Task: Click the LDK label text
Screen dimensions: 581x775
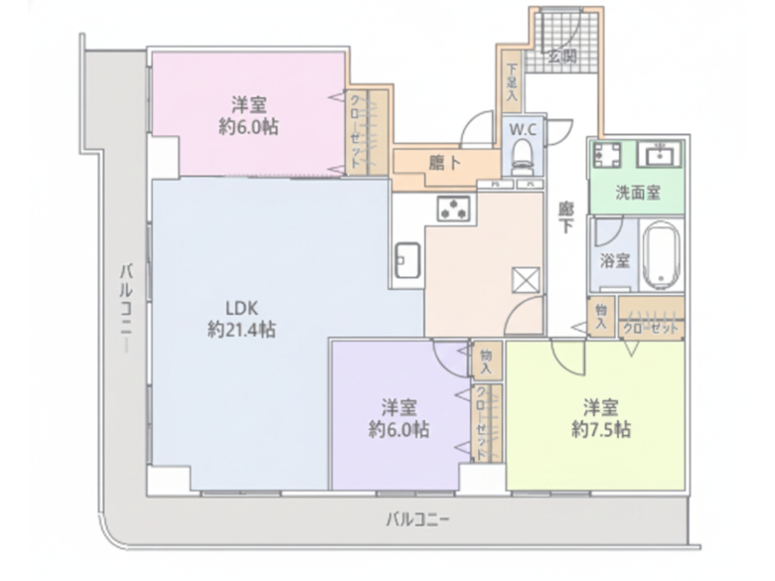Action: (241, 307)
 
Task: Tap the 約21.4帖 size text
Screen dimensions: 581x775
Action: (241, 330)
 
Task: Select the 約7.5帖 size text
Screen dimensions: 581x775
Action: (601, 430)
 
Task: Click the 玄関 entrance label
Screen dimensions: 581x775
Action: (564, 57)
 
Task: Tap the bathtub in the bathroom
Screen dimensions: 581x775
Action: (660, 256)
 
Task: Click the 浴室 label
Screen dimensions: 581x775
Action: (614, 261)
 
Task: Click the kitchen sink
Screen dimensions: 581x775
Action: (407, 261)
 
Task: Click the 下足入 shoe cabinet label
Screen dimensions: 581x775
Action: (513, 84)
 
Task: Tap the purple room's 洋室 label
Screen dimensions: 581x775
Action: (398, 407)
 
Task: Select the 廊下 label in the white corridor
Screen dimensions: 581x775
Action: (565, 218)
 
